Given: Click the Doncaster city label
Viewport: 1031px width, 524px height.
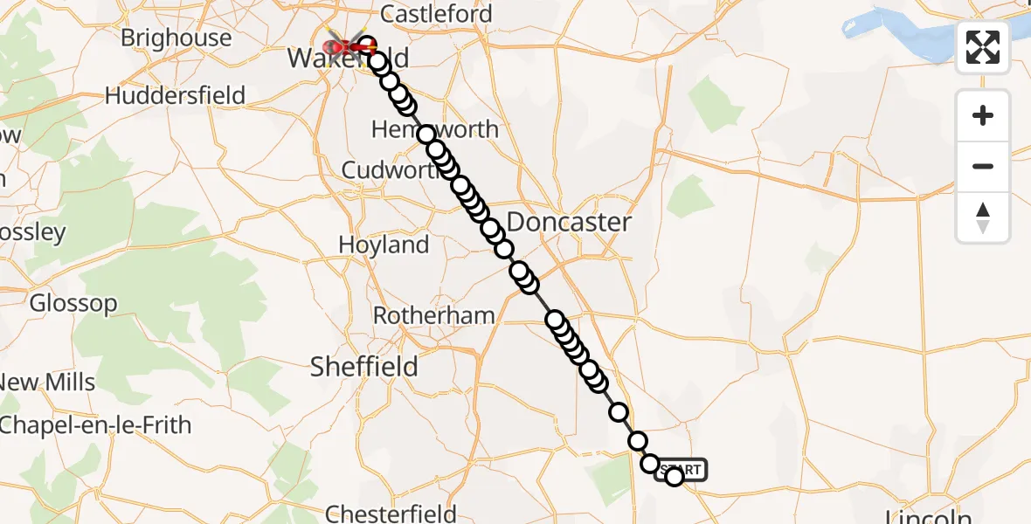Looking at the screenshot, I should point(568,222).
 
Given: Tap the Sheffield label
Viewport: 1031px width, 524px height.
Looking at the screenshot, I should point(364,367).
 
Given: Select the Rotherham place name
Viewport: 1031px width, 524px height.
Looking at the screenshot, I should point(434,315).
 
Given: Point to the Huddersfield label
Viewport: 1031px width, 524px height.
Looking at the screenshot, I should point(175,95).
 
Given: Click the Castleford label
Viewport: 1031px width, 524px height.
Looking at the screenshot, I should point(437,14).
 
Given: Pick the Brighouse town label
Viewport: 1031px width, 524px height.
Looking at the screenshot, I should point(176,38).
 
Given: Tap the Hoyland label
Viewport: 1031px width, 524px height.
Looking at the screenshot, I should point(384,245).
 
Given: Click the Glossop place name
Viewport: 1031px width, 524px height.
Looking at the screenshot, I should point(73,304).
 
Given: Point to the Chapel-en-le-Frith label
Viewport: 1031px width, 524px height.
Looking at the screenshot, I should point(94,425).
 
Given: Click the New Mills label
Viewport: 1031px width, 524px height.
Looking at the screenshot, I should point(48,383).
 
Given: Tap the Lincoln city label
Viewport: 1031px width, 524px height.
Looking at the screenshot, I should point(929,515).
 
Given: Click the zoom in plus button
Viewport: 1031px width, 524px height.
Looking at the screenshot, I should point(983,115).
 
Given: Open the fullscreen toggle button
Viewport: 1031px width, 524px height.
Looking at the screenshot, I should point(983,47).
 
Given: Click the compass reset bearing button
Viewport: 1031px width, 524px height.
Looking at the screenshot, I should point(983,217).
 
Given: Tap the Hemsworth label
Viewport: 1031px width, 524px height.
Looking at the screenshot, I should point(435,129).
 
